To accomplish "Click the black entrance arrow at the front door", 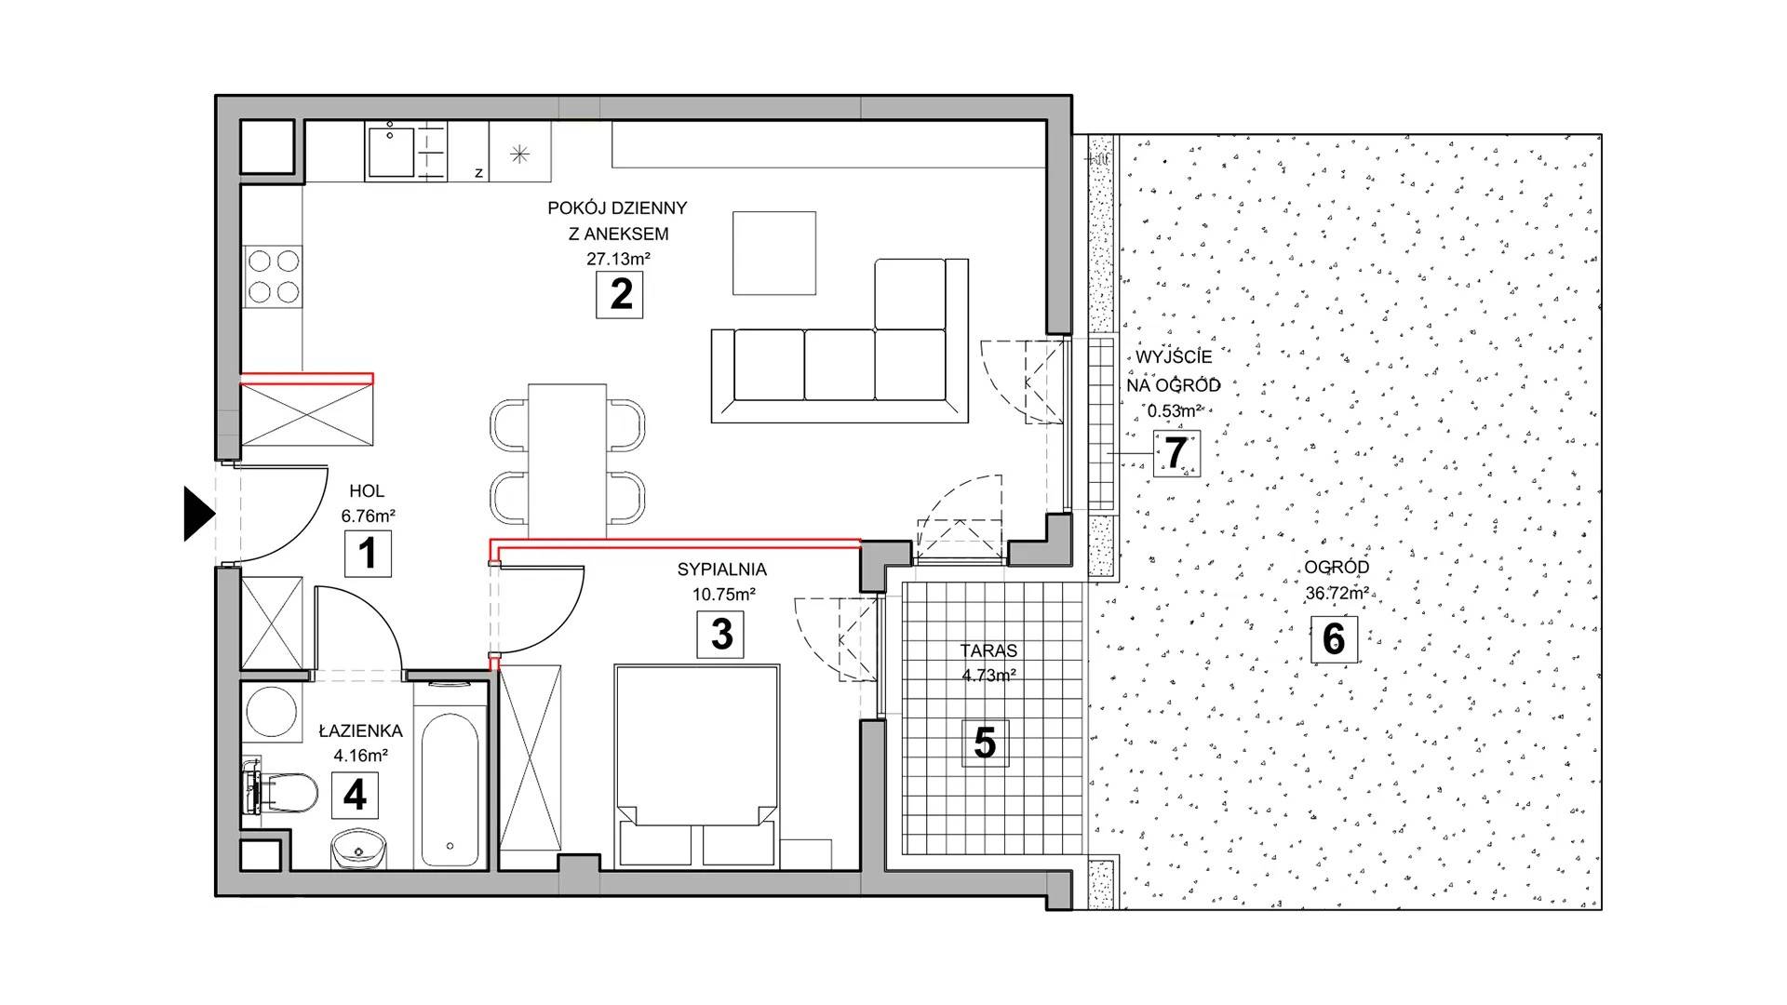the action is click(x=197, y=513).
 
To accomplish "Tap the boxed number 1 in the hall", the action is click(x=368, y=553).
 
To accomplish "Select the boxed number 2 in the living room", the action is click(x=620, y=295).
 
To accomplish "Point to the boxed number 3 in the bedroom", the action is click(x=721, y=635).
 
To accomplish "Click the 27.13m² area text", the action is click(x=618, y=259).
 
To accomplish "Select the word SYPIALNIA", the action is click(x=722, y=569).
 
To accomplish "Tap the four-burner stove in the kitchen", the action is click(x=273, y=276).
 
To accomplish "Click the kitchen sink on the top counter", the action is click(x=390, y=153).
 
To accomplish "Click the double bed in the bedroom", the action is click(x=696, y=766).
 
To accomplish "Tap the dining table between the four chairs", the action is click(x=567, y=461).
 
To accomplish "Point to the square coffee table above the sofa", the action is click(x=774, y=253).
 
